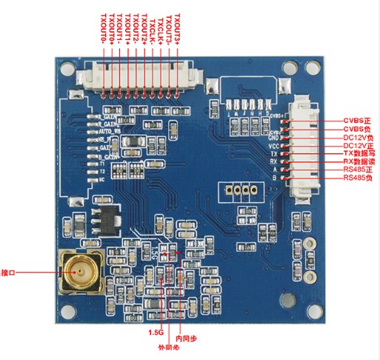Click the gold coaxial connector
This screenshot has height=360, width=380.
[x=78, y=272]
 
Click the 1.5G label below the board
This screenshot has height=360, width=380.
[x=156, y=333]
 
